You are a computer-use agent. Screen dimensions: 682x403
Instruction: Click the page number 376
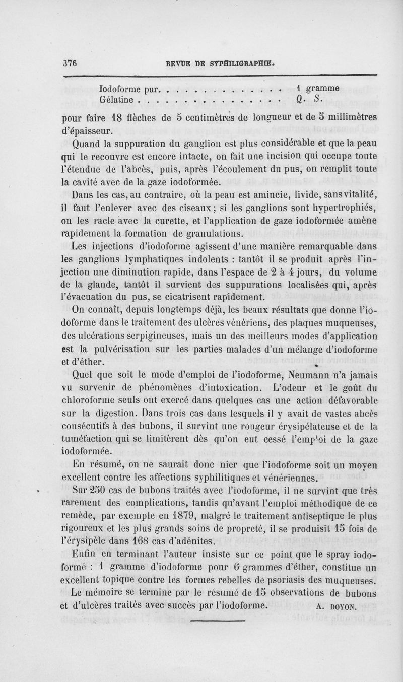pyautogui.click(x=69, y=63)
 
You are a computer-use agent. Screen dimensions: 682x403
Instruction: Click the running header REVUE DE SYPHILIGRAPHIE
pyautogui.click(x=224, y=64)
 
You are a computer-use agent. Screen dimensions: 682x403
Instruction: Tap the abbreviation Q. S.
pyautogui.click(x=302, y=100)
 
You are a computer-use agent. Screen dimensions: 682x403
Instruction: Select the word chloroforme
pyautogui.click(x=91, y=401)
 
